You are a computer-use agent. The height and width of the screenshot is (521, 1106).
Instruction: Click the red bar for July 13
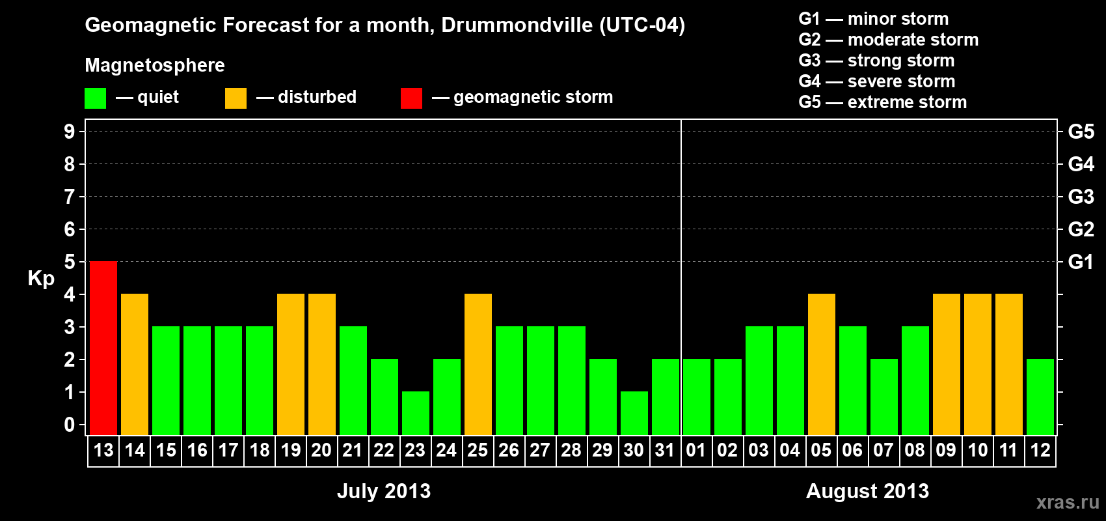pyautogui.click(x=103, y=348)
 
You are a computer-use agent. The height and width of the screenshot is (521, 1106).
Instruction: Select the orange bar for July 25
pyautogui.click(x=478, y=364)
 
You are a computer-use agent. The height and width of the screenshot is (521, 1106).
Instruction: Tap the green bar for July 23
pyautogui.click(x=416, y=413)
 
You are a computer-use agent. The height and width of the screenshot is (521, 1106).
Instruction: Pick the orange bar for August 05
pyautogui.click(x=822, y=364)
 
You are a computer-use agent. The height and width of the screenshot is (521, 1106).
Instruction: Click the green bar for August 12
pyautogui.click(x=1040, y=397)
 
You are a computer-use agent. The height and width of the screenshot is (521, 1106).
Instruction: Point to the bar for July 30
pyautogui.click(x=634, y=413)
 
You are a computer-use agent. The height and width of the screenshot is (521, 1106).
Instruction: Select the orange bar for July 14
pyautogui.click(x=135, y=364)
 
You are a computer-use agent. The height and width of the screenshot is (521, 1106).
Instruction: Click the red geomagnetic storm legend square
pyautogui.click(x=411, y=98)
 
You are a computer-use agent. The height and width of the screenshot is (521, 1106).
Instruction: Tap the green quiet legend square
pyautogui.click(x=96, y=98)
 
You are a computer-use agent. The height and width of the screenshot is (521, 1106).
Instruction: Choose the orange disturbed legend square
pyautogui.click(x=236, y=98)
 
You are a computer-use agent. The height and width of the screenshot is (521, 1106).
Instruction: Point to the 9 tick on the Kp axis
pyautogui.click(x=70, y=132)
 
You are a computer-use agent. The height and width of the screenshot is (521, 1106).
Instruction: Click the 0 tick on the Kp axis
pyautogui.click(x=70, y=425)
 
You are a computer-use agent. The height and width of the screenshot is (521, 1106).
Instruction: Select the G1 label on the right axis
pyautogui.click(x=1081, y=262)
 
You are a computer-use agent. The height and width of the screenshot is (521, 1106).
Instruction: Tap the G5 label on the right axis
pyautogui.click(x=1081, y=132)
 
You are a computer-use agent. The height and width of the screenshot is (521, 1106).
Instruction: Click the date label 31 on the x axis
pyautogui.click(x=665, y=450)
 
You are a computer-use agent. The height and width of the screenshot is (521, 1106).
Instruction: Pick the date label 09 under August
pyautogui.click(x=946, y=450)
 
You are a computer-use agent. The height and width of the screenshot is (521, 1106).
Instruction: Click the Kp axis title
pyautogui.click(x=41, y=279)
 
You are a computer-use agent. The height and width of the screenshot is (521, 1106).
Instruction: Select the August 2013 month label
pyautogui.click(x=867, y=491)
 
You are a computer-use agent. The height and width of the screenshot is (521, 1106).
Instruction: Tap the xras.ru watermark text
pyautogui.click(x=1068, y=502)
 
